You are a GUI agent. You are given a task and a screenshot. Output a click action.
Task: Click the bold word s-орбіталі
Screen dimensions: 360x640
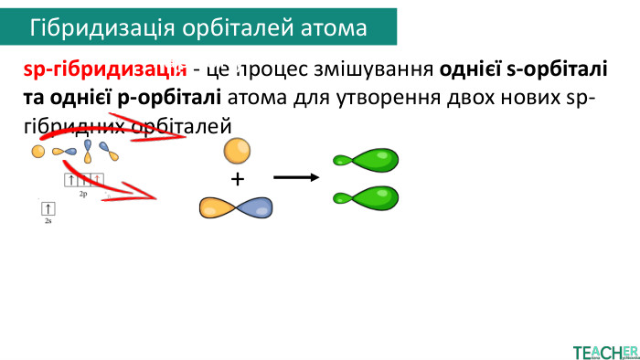(x=552, y=69)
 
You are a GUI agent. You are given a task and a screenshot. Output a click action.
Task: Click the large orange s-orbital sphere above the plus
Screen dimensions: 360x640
(x=237, y=149)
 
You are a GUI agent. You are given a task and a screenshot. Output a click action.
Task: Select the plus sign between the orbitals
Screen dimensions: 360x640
(x=238, y=179)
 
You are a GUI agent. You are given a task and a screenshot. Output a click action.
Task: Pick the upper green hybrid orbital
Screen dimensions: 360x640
(x=366, y=162)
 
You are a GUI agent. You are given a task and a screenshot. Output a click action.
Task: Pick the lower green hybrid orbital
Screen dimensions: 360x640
(x=366, y=196)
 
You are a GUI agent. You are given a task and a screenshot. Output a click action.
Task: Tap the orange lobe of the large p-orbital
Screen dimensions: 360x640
(x=218, y=208)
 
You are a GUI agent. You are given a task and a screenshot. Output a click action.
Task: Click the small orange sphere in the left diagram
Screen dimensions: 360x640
(x=38, y=151)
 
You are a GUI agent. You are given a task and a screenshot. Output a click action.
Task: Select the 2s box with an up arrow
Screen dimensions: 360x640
(x=48, y=208)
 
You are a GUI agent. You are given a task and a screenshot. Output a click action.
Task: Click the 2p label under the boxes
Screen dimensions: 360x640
(x=83, y=195)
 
